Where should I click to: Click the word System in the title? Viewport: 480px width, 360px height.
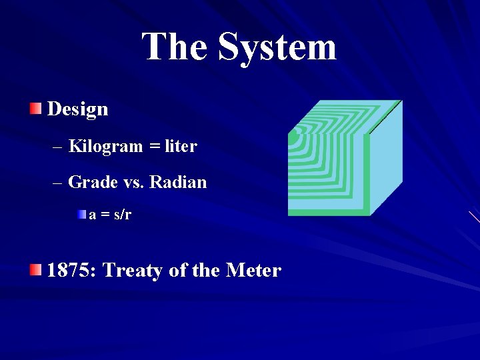277,47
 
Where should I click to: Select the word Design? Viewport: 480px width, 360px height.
78,109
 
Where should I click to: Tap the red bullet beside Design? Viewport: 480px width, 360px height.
35,108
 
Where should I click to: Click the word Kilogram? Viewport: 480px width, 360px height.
105,146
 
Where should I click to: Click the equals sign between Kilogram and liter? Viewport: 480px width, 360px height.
155,147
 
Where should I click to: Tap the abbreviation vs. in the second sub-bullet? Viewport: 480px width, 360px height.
134,182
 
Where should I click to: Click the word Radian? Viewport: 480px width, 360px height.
178,181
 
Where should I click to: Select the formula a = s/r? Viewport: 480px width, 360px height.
111,215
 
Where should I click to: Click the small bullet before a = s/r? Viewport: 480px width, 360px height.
81,215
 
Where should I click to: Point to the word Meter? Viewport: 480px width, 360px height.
253,270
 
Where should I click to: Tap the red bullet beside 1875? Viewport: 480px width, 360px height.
35,269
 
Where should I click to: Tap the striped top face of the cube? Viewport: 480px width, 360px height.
343,116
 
